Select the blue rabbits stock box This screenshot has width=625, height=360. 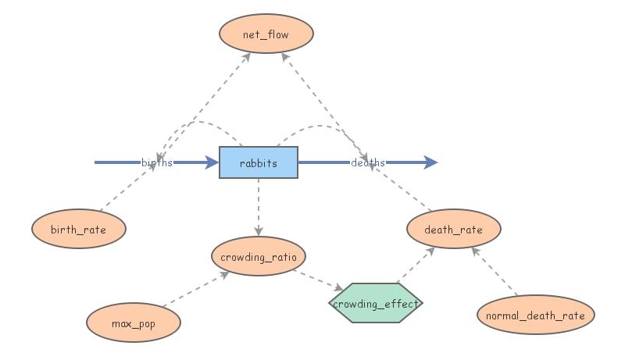click(x=258, y=162)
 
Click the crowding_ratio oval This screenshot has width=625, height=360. click(x=258, y=256)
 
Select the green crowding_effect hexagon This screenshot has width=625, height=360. click(x=376, y=303)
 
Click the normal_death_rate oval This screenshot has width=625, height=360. click(x=535, y=315)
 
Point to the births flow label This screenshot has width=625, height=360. click(x=157, y=162)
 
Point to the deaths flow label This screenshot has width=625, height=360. click(x=367, y=162)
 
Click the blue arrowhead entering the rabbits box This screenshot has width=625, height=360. click(x=211, y=162)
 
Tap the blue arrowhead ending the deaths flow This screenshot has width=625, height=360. click(x=430, y=162)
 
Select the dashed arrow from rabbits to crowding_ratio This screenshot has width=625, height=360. click(x=258, y=207)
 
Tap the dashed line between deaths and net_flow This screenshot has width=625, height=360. click(x=324, y=102)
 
